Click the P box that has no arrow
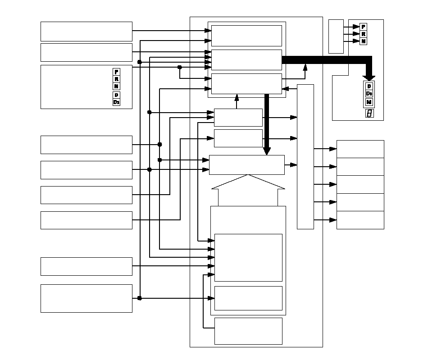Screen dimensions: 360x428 (116, 72)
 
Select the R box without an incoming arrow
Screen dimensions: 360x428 (116, 79)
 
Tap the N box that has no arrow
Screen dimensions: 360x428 (116, 86)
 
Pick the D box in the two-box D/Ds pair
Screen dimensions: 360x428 (116, 95)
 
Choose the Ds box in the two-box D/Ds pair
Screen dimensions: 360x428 (116, 102)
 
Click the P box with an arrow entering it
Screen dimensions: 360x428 (364, 27)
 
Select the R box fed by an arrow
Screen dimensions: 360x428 (364, 34)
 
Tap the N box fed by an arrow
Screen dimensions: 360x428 (364, 41)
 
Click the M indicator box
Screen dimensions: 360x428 (369, 102)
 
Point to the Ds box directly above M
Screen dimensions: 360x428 (369, 94)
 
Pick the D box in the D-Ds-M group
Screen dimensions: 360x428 (369, 86)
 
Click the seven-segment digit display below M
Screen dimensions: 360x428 (369, 113)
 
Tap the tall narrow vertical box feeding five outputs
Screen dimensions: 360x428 (305, 156)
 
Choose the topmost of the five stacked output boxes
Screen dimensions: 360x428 (360, 149)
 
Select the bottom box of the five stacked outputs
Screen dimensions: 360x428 (360, 220)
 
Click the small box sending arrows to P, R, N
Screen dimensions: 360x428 (336, 36)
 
